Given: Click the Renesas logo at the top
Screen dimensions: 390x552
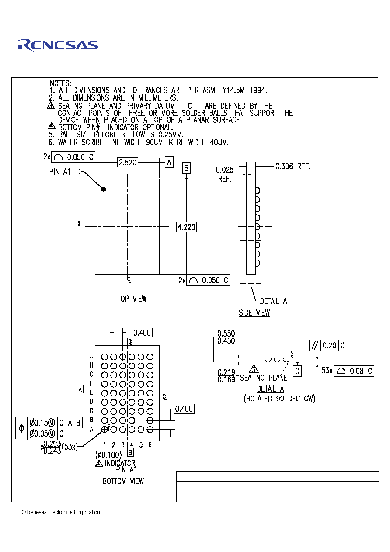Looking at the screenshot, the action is [58, 45].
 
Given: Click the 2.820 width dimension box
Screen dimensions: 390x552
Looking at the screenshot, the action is [128, 163].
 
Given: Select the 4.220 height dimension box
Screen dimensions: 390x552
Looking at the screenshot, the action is [186, 227].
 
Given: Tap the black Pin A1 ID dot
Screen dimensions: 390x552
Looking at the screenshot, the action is [104, 189].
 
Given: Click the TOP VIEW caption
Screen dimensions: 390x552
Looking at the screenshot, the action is [132, 299].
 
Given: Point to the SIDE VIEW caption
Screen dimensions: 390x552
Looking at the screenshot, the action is [254, 313].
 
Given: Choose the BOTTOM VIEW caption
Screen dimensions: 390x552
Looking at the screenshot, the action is [123, 481].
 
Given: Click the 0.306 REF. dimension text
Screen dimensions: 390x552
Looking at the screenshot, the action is [292, 167].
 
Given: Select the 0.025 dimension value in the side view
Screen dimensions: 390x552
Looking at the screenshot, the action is [225, 170].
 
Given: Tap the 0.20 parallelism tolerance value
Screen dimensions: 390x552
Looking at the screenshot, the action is [329, 346].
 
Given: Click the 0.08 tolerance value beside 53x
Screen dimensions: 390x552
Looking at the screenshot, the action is [357, 371].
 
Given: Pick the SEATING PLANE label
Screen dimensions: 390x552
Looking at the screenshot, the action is [264, 378].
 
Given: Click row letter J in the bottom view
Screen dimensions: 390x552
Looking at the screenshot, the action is [91, 356].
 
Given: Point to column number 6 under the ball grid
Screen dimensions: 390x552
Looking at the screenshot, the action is [150, 445].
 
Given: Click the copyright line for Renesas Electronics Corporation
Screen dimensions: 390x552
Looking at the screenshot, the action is [61, 512].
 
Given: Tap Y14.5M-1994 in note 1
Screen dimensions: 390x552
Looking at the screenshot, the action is [244, 90].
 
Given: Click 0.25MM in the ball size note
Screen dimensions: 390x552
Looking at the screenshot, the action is [171, 135].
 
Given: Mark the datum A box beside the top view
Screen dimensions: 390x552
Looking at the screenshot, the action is [169, 163].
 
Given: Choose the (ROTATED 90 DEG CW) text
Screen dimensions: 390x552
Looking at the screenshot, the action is [279, 399].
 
